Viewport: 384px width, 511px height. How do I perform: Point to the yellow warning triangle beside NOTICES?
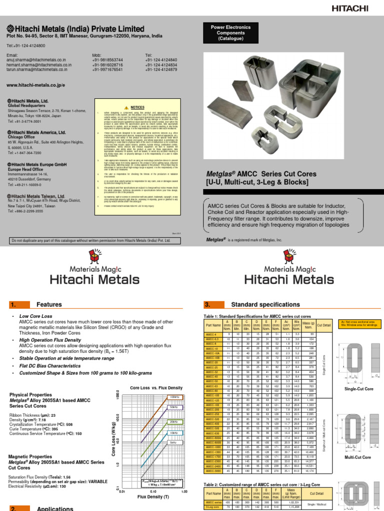127,107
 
